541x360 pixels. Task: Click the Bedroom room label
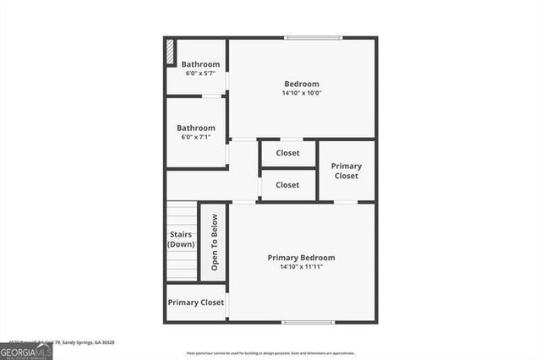click(x=302, y=84)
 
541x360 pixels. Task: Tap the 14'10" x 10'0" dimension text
click(x=302, y=93)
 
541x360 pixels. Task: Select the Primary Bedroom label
click(x=301, y=258)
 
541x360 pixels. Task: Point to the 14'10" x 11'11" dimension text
click(x=301, y=267)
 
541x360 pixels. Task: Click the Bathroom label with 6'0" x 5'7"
click(x=200, y=64)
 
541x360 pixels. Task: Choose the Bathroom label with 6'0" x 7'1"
click(x=196, y=128)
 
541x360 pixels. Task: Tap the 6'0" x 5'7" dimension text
click(x=200, y=74)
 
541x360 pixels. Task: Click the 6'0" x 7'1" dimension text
click(x=196, y=137)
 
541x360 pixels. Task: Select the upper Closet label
click(x=287, y=153)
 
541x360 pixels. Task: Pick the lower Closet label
click(x=287, y=184)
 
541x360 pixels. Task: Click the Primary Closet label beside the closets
click(x=346, y=171)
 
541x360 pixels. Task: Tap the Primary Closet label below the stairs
click(x=195, y=302)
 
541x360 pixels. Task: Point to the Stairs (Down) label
click(x=181, y=239)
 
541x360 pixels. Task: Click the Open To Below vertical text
click(x=214, y=242)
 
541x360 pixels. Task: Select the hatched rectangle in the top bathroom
click(x=170, y=52)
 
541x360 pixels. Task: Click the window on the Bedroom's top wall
click(x=308, y=37)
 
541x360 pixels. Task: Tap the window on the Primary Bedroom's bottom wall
click(x=307, y=322)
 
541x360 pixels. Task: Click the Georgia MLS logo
click(x=26, y=349)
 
